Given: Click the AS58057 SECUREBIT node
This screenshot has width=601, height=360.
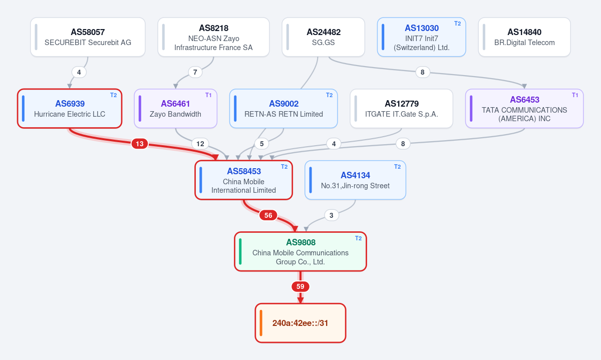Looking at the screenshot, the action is [88, 37].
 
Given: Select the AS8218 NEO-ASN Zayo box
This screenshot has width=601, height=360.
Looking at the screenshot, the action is [213, 37].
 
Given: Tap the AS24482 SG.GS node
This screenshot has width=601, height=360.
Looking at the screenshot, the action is [324, 37].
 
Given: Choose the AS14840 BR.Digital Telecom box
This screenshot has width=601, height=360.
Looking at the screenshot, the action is [524, 37].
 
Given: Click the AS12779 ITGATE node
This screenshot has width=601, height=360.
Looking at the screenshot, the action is [401, 108].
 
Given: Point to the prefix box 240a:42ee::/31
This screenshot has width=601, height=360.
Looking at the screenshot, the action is [300, 323].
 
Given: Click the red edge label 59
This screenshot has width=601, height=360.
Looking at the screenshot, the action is [300, 286].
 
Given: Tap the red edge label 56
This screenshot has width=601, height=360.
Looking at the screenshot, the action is [268, 215].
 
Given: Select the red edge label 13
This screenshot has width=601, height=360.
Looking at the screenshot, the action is [140, 144].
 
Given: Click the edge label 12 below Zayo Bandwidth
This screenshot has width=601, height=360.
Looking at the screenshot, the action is [200, 144].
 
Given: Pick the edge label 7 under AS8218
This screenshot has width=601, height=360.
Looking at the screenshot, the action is [195, 72].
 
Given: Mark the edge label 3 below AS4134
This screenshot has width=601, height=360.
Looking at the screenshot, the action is [332, 215].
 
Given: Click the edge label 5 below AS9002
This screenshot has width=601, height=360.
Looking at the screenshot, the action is [261, 144].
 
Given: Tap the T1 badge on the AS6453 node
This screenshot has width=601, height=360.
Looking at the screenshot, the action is [575, 95].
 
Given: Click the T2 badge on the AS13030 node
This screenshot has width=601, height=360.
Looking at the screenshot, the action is [457, 24].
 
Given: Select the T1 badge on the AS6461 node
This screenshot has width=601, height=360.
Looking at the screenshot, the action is [208, 95].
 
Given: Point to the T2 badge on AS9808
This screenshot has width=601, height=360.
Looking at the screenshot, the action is [358, 238].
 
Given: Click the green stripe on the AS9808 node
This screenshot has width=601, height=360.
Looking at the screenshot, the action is [240, 251].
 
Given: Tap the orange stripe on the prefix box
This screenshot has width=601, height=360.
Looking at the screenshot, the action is [261, 323].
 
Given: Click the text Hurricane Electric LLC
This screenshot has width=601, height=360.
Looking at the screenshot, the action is [70, 114].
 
